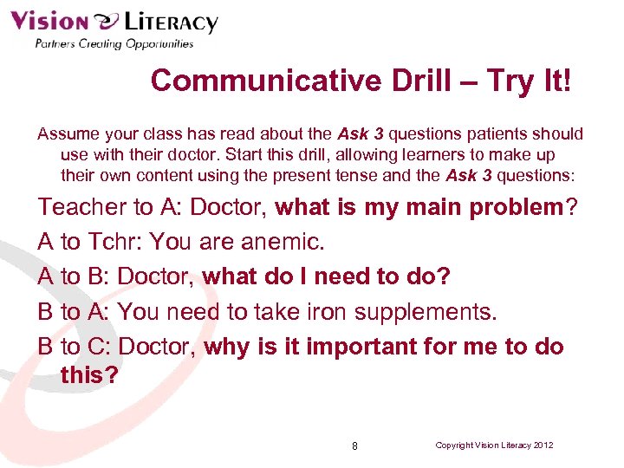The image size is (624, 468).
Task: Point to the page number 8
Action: [x=354, y=445]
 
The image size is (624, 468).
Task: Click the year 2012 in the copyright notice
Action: [x=543, y=445]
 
